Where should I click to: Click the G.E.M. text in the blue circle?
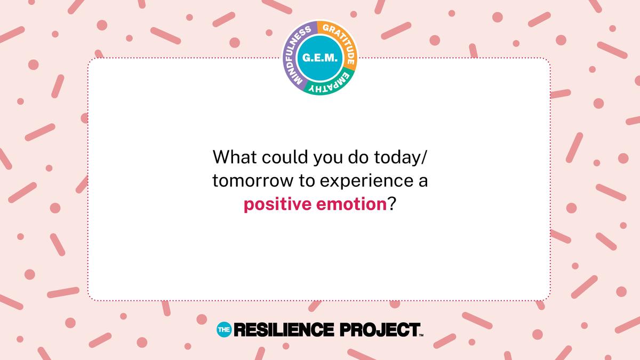tap(319, 58)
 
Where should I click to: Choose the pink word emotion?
tap(351, 204)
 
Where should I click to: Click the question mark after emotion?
tap(391, 204)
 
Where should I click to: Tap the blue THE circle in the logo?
tap(224, 330)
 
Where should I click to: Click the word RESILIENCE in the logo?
tap(284, 330)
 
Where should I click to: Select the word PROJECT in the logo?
tap(380, 330)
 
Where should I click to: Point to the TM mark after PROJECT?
tap(421, 335)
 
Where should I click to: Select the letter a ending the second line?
tap(423, 182)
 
